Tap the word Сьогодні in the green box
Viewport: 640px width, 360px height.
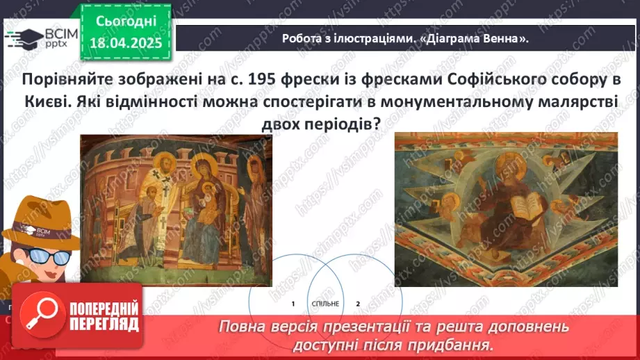(x=127, y=20)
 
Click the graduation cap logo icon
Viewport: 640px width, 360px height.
(x=23, y=37)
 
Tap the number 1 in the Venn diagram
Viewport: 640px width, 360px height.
(x=293, y=304)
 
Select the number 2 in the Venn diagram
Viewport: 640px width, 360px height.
(x=358, y=304)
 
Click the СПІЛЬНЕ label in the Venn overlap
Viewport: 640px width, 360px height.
(x=326, y=304)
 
